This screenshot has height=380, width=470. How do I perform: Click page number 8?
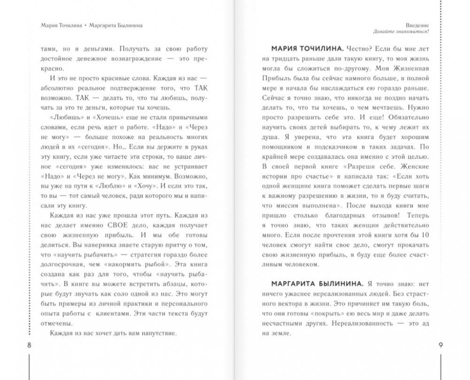29,345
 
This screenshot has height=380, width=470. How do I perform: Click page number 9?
440,345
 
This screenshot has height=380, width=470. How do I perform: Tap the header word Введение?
418,25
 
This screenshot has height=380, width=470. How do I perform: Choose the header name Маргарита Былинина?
116,25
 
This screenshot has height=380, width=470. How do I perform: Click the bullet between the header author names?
85,25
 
